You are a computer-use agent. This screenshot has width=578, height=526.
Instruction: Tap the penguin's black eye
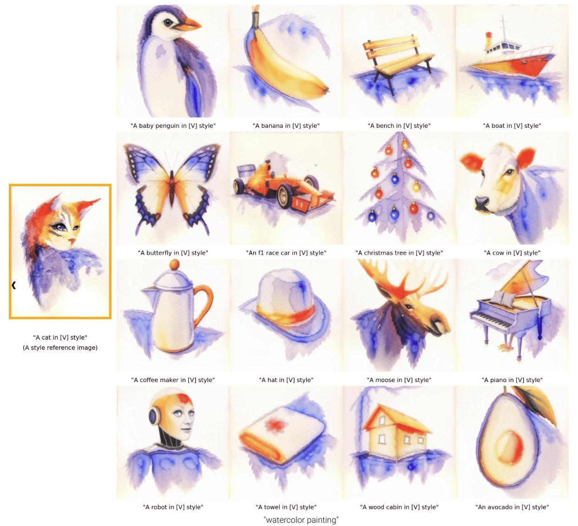pos(168,22)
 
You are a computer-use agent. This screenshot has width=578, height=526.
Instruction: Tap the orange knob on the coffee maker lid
pos(174,264)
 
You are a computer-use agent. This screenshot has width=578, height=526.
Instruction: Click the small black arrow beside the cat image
pos(13,285)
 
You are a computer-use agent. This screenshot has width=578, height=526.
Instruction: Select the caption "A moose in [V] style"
pos(399,380)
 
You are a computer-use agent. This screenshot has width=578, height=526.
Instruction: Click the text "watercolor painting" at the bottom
pos(301,520)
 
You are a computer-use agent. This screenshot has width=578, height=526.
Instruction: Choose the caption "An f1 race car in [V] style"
pos(286,253)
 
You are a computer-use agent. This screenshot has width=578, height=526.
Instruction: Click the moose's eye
pos(410,306)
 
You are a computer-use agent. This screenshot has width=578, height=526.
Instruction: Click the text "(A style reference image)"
pos(60,348)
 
